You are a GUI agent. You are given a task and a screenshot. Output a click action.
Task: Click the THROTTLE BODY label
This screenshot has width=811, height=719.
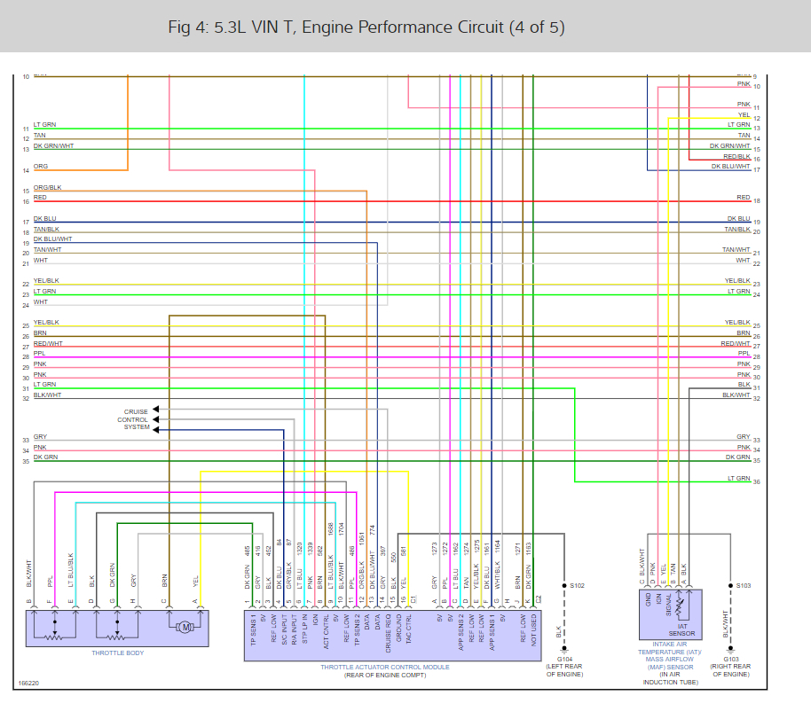tap(117, 653)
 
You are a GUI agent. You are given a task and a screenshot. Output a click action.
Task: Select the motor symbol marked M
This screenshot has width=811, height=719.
tap(185, 628)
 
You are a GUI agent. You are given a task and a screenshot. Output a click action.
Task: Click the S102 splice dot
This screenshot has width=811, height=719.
tap(563, 586)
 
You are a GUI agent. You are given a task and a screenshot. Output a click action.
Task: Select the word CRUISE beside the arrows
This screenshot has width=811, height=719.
tap(136, 411)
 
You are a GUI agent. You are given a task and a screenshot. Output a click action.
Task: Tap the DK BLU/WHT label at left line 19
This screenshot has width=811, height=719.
tap(53, 239)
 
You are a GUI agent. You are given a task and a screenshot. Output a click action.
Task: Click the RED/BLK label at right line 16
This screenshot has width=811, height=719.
tap(736, 157)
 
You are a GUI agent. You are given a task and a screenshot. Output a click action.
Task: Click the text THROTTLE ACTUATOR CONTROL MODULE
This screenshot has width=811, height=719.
tap(385, 667)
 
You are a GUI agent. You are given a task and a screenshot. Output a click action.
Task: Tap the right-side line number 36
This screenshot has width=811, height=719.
tap(757, 481)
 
